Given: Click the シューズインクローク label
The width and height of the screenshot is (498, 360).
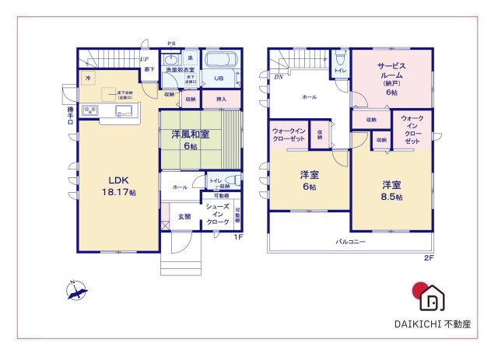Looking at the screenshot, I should (x=217, y=215).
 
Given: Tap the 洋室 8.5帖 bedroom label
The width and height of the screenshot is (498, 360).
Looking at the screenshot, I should (x=391, y=190).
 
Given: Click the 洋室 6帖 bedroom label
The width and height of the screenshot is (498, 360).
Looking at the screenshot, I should (x=309, y=181).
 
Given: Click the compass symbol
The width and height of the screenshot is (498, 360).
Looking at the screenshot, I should (x=76, y=292).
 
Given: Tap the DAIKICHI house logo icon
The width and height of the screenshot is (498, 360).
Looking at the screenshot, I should (x=430, y=295).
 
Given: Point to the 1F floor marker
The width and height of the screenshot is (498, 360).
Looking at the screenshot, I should (x=238, y=237).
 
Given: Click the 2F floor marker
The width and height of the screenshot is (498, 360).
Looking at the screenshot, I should (x=427, y=257).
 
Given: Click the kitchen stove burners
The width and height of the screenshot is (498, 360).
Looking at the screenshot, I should (x=90, y=110).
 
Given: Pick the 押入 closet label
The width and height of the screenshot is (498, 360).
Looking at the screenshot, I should (x=221, y=99).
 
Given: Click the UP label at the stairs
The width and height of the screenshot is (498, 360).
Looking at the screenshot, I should (x=145, y=59).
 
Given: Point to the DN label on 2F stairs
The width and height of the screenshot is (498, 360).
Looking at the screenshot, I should (x=278, y=77).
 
